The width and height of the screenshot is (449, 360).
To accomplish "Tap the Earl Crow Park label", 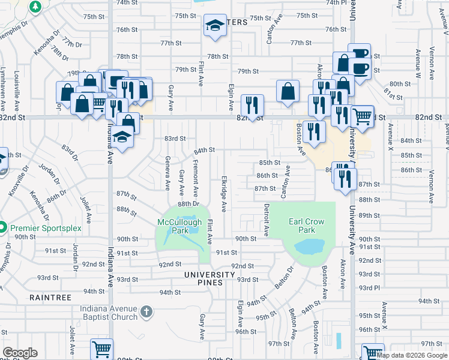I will [307, 226].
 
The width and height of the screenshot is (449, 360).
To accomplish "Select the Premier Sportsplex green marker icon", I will [3, 228].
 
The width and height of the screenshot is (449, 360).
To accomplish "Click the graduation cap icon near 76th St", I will [215, 25].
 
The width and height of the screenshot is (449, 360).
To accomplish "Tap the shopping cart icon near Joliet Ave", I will [101, 349].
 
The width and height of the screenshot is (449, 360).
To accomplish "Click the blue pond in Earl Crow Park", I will [307, 246].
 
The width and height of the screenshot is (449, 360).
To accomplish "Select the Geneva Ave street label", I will [167, 173].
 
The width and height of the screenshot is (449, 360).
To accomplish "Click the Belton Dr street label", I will [283, 279].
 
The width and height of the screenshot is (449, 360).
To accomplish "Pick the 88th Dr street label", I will [188, 204].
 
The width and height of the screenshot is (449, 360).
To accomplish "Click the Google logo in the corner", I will [20, 353].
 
